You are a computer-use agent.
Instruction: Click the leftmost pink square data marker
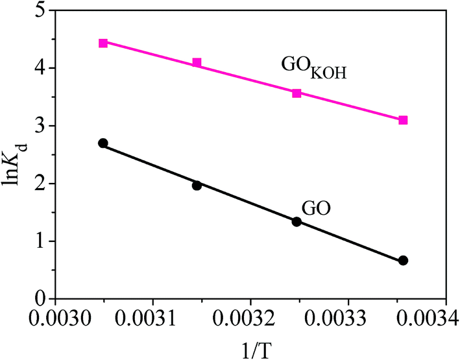coord(103,43)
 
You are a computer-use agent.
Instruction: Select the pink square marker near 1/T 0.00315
coord(197,63)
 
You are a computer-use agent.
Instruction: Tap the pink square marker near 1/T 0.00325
coord(297,93)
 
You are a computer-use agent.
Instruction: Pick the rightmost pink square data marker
coord(403,120)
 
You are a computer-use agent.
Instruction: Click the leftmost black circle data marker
coord(103,143)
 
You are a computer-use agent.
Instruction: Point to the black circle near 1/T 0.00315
coord(197,186)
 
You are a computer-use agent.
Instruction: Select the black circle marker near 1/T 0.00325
coord(297,222)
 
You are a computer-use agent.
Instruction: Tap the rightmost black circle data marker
coord(403,261)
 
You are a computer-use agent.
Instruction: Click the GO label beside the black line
coord(317,209)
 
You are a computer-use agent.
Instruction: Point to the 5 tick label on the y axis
coord(40,11)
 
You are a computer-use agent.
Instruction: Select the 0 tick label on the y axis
coord(40,299)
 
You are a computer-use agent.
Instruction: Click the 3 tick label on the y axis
coord(40,126)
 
